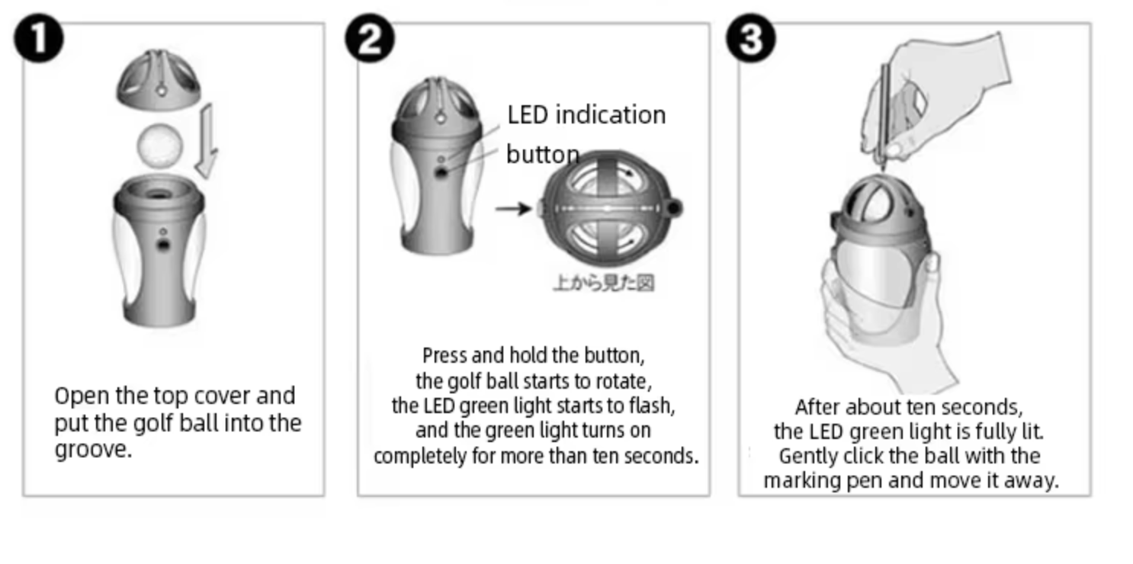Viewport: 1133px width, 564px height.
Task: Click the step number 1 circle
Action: pyautogui.click(x=39, y=39)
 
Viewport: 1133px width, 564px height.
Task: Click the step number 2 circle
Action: pyautogui.click(x=370, y=39)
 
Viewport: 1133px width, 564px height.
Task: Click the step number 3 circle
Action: pyautogui.click(x=750, y=39)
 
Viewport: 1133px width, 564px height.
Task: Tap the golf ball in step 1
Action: pyautogui.click(x=160, y=146)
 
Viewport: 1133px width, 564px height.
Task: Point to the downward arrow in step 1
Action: pyautogui.click(x=207, y=141)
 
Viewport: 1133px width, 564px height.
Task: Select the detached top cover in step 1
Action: pyautogui.click(x=159, y=80)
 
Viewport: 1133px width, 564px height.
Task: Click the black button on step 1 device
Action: pyautogui.click(x=163, y=245)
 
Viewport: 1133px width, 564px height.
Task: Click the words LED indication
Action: pyautogui.click(x=586, y=115)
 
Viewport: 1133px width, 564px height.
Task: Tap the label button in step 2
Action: pyautogui.click(x=543, y=154)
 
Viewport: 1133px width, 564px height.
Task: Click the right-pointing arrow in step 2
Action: pyautogui.click(x=513, y=208)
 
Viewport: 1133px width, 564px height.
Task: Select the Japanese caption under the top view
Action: pyautogui.click(x=603, y=283)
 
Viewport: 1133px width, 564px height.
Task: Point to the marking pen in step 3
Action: pyautogui.click(x=884, y=117)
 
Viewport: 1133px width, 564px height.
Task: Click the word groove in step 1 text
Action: pyautogui.click(x=93, y=450)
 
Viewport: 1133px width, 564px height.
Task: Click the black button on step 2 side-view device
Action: pyautogui.click(x=441, y=173)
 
